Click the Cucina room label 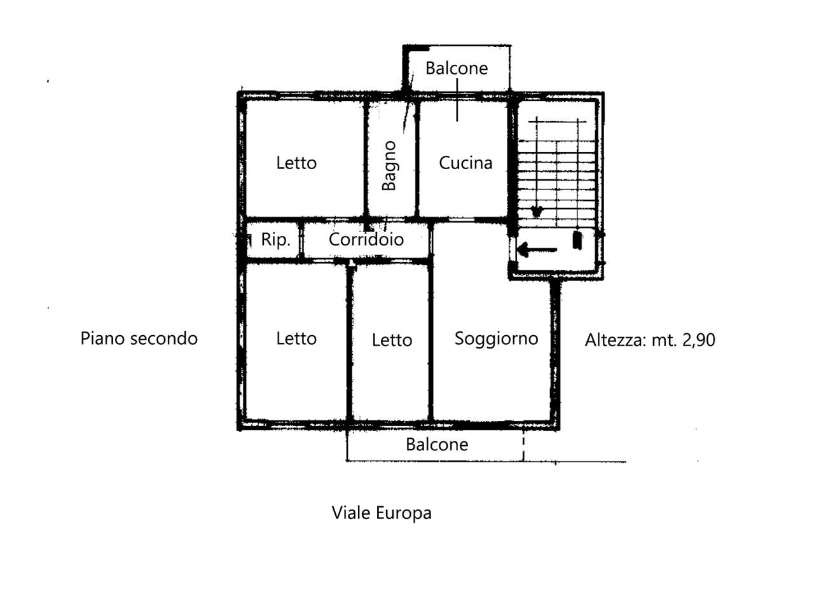[x=466, y=163]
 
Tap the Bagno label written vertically [x=389, y=165]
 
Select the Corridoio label [x=366, y=239]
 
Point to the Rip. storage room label [x=275, y=240]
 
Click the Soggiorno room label [x=496, y=338]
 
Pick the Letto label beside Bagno [x=296, y=163]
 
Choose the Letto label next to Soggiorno [x=392, y=340]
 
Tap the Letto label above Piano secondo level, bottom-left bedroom [x=296, y=338]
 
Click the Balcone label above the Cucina [x=457, y=68]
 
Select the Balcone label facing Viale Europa [x=437, y=445]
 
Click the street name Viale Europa [x=382, y=513]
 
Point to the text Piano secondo [x=139, y=338]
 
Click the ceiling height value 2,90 [x=699, y=340]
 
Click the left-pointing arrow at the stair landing [x=537, y=250]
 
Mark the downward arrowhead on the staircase [x=537, y=211]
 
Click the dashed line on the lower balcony [x=523, y=446]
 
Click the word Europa [x=404, y=513]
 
